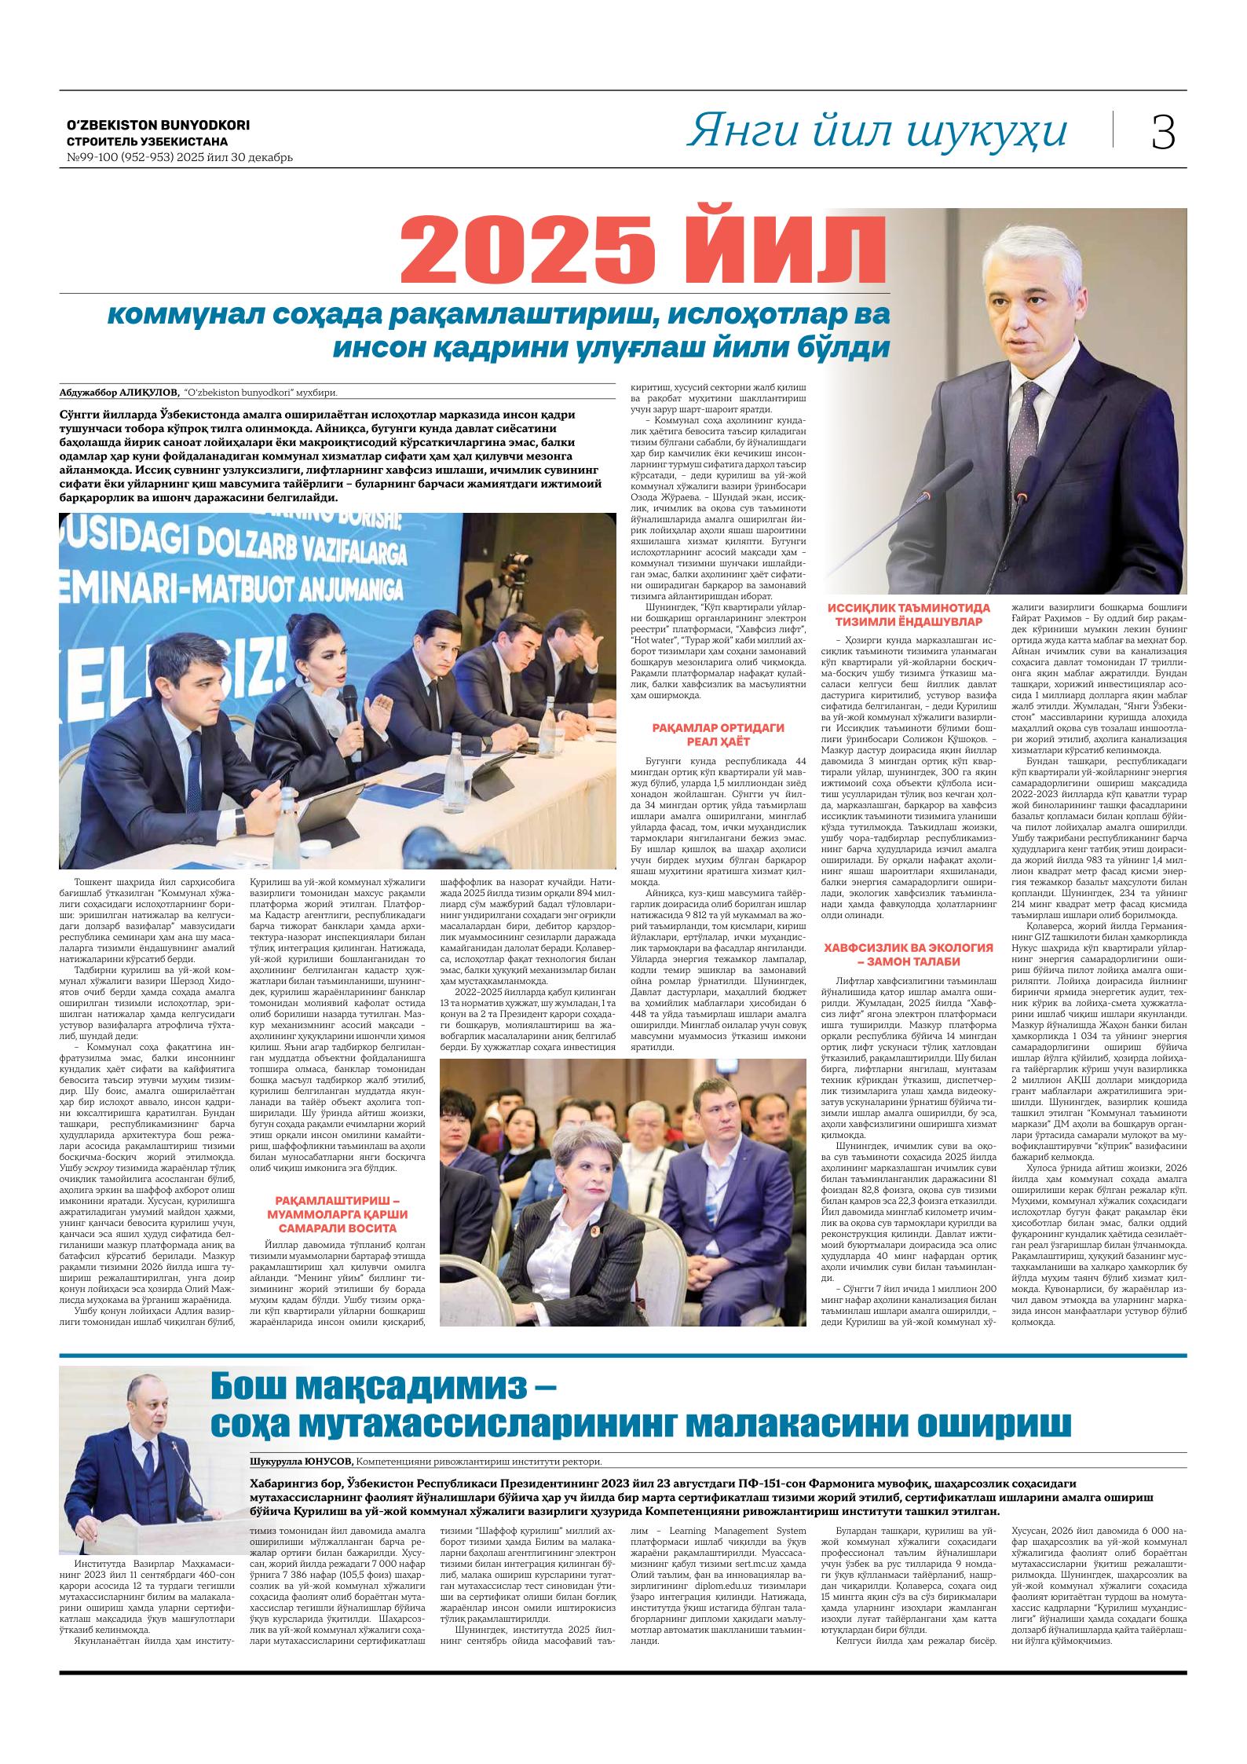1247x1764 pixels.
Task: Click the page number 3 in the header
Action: tap(1163, 132)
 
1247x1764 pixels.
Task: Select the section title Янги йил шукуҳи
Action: tap(876, 131)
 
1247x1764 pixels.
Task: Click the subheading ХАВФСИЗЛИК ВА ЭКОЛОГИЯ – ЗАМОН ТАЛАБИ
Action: tap(909, 954)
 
